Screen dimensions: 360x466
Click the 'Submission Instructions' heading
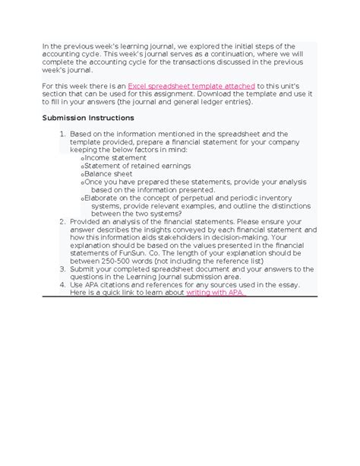click(88, 119)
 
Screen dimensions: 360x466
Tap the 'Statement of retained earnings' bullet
click(127, 166)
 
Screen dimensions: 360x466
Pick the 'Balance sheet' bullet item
click(108, 174)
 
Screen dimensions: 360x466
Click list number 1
click(62, 133)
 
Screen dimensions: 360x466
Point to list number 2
click(62, 221)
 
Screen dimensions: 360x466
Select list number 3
click(62, 269)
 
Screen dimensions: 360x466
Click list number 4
click(62, 284)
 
